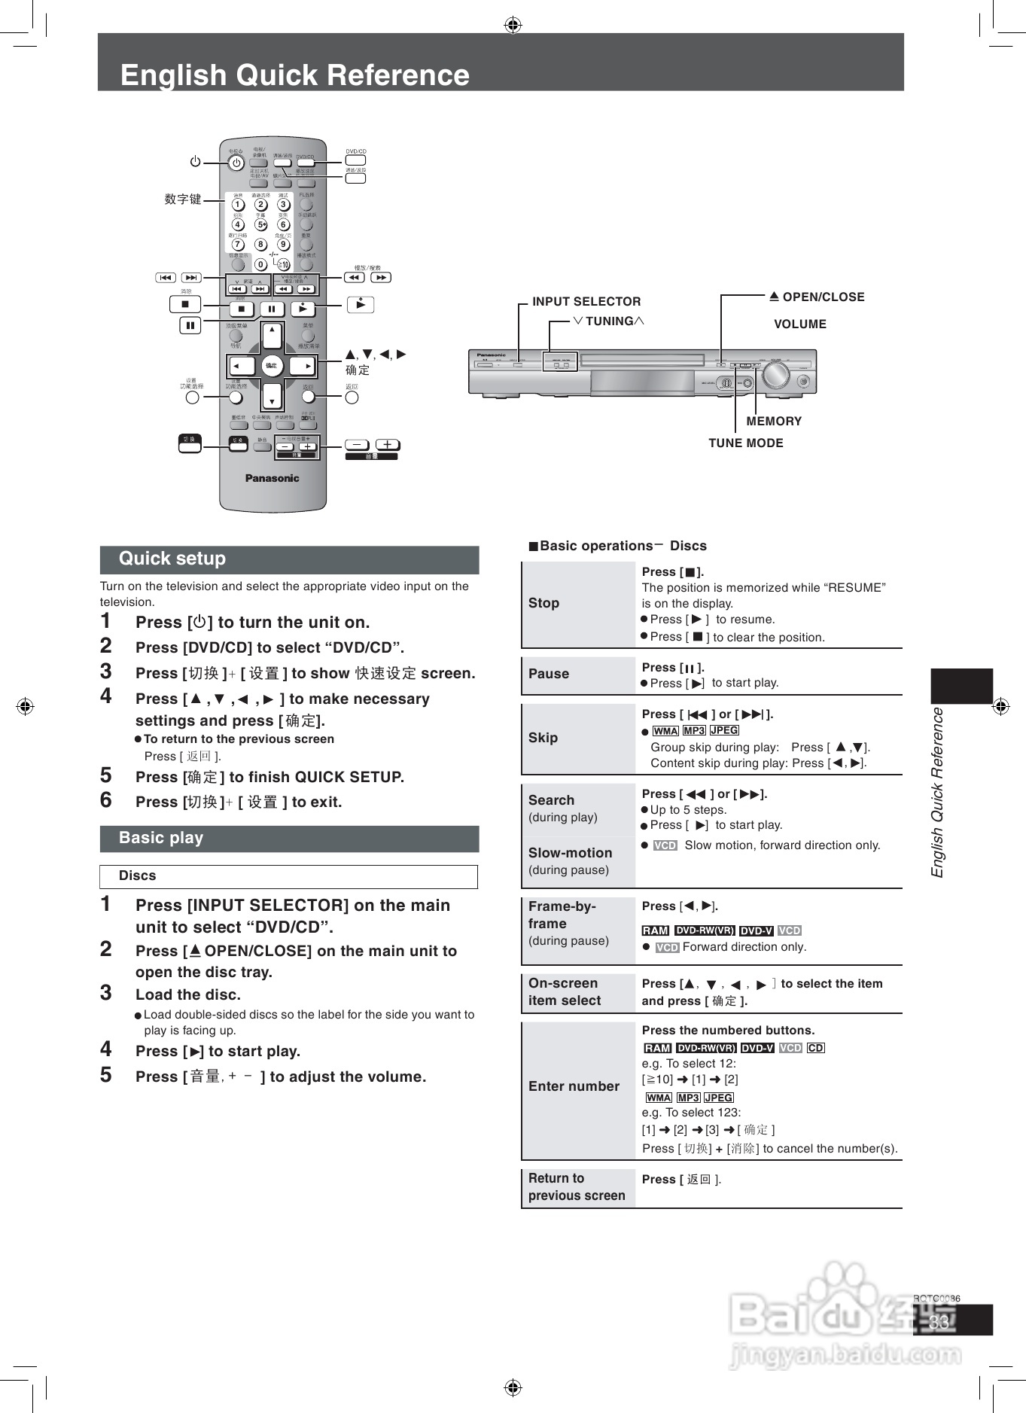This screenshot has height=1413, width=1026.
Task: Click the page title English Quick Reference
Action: click(x=294, y=75)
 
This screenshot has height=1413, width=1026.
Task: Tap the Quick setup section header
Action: click(x=172, y=559)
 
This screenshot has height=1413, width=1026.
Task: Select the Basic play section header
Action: click(x=161, y=838)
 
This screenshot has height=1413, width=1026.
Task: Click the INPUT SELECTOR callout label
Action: click(x=586, y=302)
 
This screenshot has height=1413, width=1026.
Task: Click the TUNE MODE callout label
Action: click(x=745, y=443)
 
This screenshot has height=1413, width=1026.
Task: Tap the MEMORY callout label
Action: click(x=774, y=422)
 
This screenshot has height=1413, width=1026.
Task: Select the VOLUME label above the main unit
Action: click(x=800, y=324)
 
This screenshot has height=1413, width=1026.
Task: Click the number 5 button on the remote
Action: click(x=260, y=224)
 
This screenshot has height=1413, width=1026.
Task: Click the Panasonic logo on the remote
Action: click(x=272, y=478)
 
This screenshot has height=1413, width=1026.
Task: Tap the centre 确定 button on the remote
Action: click(x=271, y=366)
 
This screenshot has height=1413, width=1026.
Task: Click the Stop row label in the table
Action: click(x=543, y=603)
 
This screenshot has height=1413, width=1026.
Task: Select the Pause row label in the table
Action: click(x=549, y=674)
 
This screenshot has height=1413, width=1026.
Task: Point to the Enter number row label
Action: click(x=574, y=1086)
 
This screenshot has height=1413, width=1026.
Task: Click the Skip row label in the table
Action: click(x=543, y=738)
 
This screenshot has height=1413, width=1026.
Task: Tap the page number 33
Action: click(x=939, y=1322)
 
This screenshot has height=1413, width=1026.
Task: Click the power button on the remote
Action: click(x=236, y=163)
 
